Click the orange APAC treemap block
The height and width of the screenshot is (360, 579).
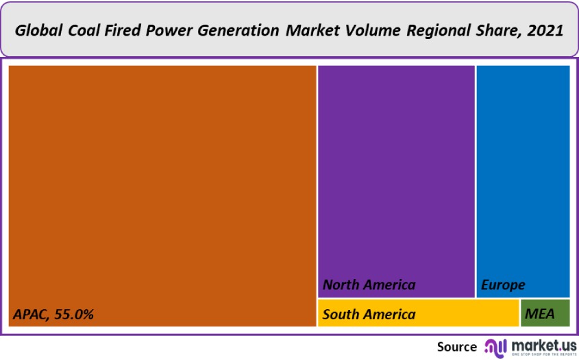coord(162,185)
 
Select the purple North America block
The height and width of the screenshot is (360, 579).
coord(396,171)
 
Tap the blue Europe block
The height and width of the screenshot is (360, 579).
coord(523,171)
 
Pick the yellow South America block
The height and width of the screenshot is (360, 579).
coord(418,313)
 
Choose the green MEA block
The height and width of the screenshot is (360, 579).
coord(545,313)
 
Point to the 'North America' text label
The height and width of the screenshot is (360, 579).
coord(369,285)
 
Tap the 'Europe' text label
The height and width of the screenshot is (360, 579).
coord(503,285)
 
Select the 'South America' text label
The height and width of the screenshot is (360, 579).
coord(369,315)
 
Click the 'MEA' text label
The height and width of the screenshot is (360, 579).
coord(540,315)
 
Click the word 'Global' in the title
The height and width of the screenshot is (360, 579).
coord(38,30)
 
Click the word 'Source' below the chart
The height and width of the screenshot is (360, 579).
coord(456,347)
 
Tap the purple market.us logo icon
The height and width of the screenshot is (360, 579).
coord(495,346)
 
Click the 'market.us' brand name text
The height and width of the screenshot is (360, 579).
coord(542,344)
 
